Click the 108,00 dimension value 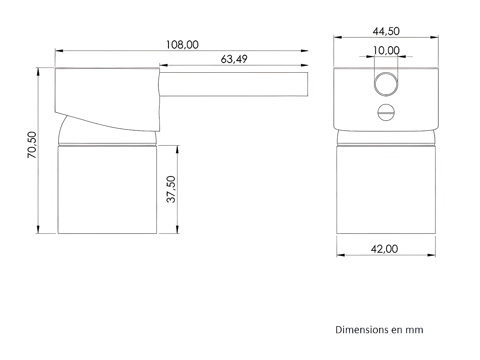pos(182,44)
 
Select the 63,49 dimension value pos(234,59)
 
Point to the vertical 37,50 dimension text pos(172,189)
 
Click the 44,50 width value pos(386,31)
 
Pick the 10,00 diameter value pos(386,50)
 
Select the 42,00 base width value pos(384,249)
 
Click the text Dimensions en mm pos(379,330)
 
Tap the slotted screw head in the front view pos(386,112)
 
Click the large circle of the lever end pos(386,84)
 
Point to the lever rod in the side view pos(234,84)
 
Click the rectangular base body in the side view pos(107,189)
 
